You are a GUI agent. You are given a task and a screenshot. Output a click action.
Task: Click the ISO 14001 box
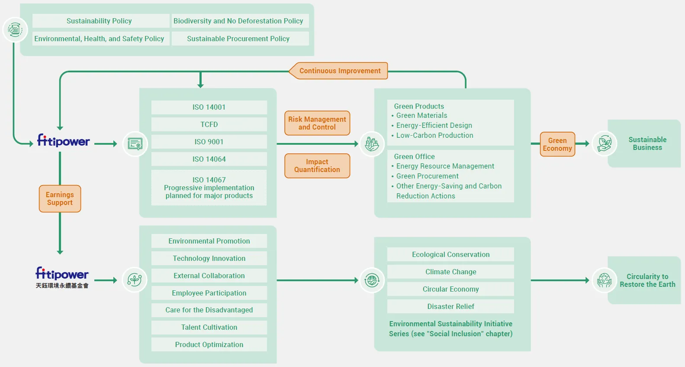[209, 107]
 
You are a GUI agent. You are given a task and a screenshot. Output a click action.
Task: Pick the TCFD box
[209, 124]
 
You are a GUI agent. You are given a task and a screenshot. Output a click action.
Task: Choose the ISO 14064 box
[209, 159]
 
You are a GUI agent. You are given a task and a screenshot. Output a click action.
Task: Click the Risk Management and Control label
[317, 123]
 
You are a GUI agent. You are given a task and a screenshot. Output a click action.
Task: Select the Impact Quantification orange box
[317, 166]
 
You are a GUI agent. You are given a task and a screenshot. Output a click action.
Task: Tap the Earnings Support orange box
[60, 198]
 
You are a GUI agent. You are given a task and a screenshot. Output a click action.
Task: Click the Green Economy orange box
[557, 144]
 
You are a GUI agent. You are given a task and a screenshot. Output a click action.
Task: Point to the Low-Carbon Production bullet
[432, 135]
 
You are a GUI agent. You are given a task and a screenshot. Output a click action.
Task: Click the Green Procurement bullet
[425, 176]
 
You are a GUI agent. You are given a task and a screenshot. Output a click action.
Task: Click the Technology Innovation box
[209, 258]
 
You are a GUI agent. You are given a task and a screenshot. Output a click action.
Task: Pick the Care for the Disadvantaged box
[209, 310]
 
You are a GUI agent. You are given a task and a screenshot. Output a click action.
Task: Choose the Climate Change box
[450, 272]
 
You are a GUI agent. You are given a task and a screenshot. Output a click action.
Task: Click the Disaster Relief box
[450, 306]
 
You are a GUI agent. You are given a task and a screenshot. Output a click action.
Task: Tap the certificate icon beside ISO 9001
[135, 144]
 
